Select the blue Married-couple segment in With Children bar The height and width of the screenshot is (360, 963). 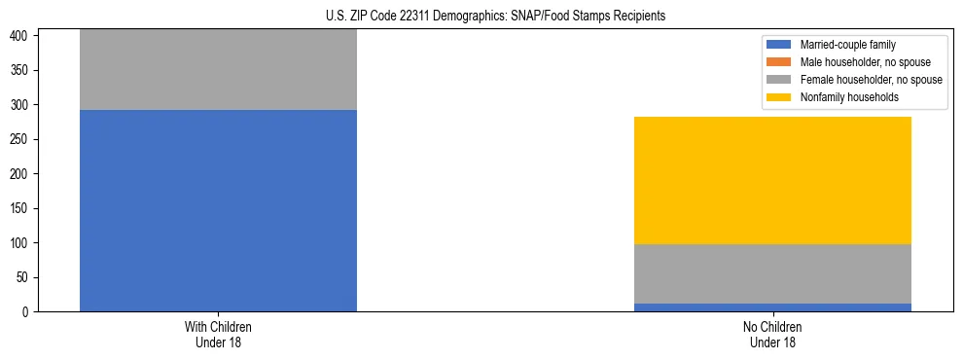tap(218, 210)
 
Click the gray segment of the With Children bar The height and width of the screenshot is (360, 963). tap(218, 69)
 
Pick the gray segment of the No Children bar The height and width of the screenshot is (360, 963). tap(772, 273)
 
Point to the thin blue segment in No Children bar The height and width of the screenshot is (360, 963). tap(772, 307)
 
